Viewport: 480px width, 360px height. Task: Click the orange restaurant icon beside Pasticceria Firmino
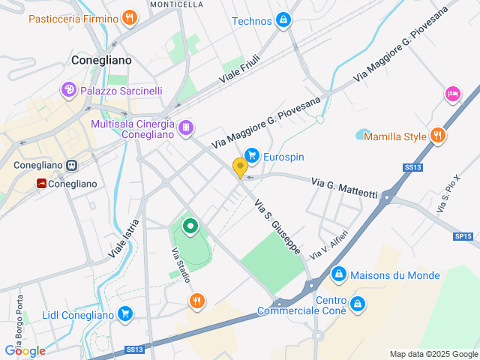pos(130,16)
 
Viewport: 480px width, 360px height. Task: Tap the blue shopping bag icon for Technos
pos(283,20)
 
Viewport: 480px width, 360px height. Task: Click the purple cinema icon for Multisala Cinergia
pos(185,129)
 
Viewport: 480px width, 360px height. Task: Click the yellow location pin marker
pos(240,168)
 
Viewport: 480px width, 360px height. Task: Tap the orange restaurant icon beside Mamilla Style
pos(438,136)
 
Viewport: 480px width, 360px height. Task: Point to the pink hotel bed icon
pos(452,94)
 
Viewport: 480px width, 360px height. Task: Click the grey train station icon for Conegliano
pos(71,165)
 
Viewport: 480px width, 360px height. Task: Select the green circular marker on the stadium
pos(190,225)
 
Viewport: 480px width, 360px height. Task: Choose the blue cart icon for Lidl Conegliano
pos(125,314)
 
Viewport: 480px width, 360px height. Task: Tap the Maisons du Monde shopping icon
pos(339,274)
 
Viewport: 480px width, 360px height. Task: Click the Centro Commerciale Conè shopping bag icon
pos(358,304)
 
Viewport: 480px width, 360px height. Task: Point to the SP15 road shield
pos(463,236)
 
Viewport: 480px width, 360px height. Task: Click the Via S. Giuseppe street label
pos(277,226)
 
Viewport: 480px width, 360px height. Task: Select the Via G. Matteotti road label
pos(344,188)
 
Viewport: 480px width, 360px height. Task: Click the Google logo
pos(25,350)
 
